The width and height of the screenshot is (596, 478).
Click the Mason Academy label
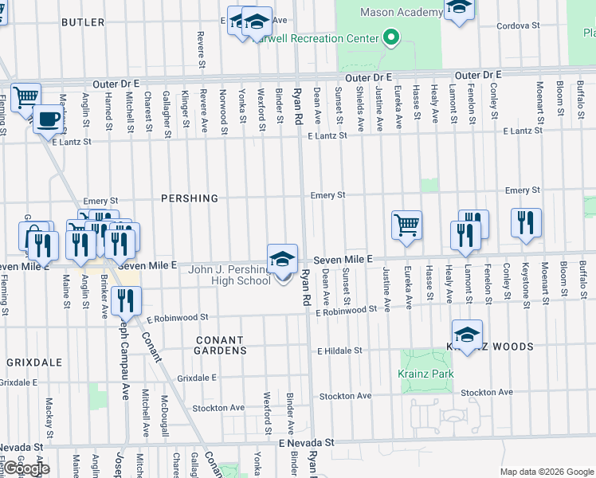pyautogui.click(x=401, y=12)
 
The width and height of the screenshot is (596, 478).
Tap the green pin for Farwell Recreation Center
pyautogui.click(x=390, y=37)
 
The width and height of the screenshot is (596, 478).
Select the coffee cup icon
pyautogui.click(x=48, y=119)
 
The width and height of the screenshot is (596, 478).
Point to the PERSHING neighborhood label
pyautogui.click(x=190, y=198)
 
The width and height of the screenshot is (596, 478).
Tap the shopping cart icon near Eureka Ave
pyautogui.click(x=406, y=225)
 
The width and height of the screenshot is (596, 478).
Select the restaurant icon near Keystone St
pyautogui.click(x=526, y=223)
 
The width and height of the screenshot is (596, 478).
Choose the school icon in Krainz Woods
pyautogui.click(x=467, y=335)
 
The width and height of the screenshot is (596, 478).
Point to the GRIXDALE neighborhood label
pyautogui.click(x=34, y=362)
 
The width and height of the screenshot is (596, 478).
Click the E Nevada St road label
pyautogui.click(x=306, y=441)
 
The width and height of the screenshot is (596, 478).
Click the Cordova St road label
pyautogui.click(x=517, y=25)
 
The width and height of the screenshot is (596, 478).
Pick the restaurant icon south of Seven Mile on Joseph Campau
pyautogui.click(x=126, y=300)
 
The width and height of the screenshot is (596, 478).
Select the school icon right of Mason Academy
pyautogui.click(x=458, y=10)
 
